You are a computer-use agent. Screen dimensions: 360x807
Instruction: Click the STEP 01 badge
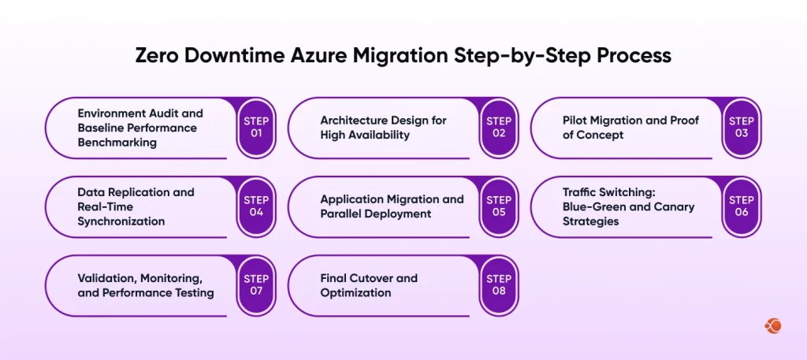click(256, 128)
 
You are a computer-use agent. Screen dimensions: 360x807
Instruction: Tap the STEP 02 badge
click(499, 128)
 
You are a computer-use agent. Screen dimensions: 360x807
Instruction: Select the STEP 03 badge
click(742, 128)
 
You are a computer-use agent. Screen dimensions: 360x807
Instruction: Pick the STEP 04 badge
click(256, 206)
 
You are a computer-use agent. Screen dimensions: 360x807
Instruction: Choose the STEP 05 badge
click(499, 206)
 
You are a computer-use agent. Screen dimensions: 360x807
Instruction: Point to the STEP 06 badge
click(742, 206)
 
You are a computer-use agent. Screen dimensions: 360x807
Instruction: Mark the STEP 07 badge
click(256, 285)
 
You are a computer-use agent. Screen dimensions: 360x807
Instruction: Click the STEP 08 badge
click(499, 285)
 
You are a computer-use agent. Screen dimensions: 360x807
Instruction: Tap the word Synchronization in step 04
click(121, 221)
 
